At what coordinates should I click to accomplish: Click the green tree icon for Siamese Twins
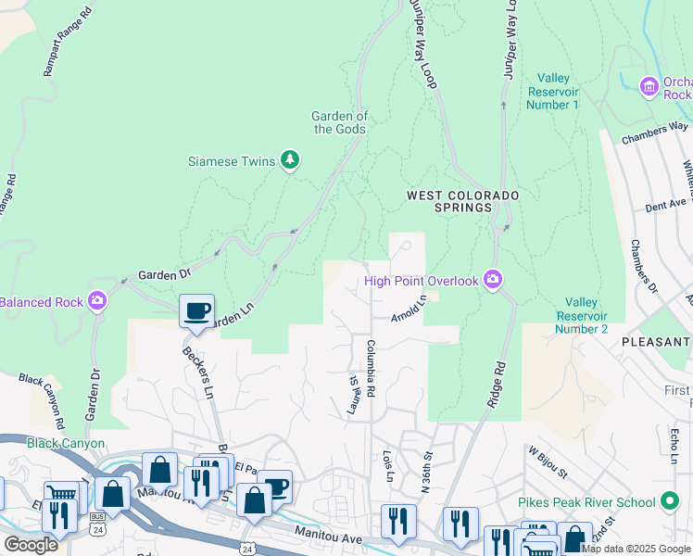point(291,161)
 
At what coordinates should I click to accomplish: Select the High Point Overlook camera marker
point(493,280)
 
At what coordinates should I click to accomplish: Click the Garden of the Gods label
point(340,122)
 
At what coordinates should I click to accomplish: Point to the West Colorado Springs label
point(462,201)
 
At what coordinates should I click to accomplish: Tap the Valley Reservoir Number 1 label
point(552,92)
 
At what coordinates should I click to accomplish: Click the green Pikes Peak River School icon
point(670,503)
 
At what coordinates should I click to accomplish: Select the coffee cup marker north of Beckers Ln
point(196,310)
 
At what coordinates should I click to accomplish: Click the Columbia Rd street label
point(370,370)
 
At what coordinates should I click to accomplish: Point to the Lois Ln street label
point(388,466)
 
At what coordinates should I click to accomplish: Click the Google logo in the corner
point(30,544)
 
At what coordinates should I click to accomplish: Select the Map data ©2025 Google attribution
point(636,549)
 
